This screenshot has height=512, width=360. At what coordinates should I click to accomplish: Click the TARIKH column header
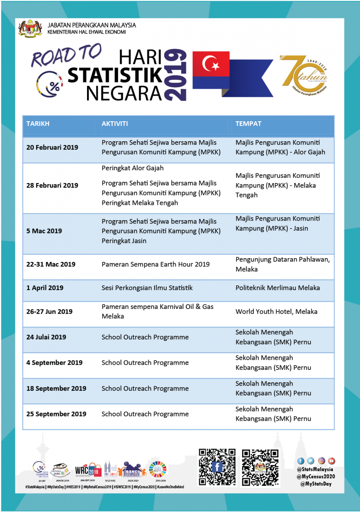point(38,124)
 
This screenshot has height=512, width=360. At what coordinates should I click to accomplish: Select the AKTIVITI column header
point(115,124)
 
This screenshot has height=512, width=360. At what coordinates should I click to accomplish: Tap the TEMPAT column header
point(248,124)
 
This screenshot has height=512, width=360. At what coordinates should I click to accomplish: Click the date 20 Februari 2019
point(52,148)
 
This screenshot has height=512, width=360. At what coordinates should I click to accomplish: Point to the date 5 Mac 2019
point(44,231)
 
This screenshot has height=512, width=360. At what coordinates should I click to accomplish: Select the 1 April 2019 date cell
point(44,288)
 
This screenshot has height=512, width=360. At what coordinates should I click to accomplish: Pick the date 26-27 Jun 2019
point(49,311)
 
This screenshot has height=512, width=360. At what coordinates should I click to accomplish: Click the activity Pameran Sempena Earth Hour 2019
point(155,265)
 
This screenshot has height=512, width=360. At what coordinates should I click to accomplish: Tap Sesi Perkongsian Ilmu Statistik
point(147,288)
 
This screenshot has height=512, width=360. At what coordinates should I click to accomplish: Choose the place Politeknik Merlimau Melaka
point(277,288)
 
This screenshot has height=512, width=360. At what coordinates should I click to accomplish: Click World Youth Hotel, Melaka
point(276,311)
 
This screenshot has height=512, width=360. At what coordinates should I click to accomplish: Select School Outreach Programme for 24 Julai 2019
point(145,337)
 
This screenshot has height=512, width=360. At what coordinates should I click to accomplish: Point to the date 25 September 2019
point(56,414)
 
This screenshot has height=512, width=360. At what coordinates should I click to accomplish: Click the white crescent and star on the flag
point(210,65)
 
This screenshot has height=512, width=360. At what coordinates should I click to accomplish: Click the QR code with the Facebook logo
point(217,467)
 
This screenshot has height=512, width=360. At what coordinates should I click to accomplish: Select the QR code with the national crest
point(260,467)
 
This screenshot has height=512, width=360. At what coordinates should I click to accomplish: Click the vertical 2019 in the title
point(176,75)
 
